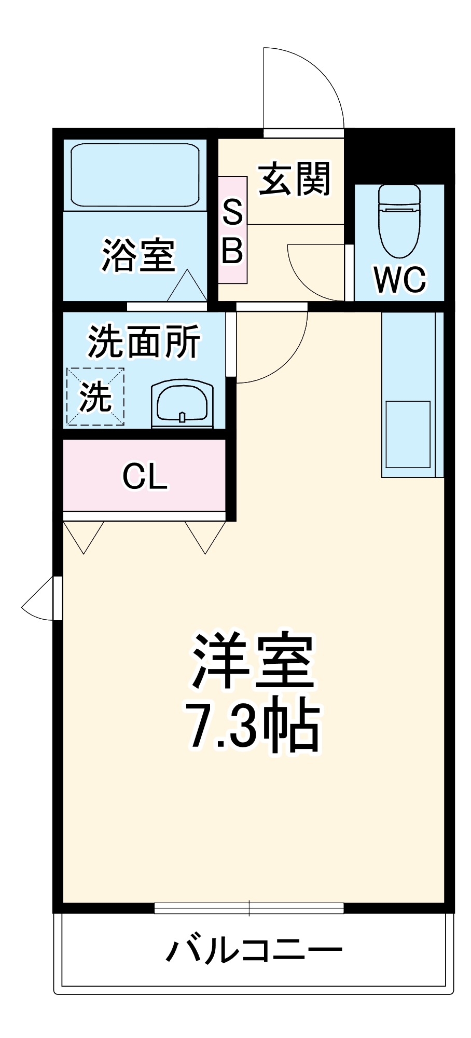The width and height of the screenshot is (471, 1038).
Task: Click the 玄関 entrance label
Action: [x=294, y=179]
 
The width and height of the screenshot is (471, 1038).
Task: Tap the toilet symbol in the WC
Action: [x=399, y=221]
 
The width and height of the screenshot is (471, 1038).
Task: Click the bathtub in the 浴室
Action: [x=135, y=175]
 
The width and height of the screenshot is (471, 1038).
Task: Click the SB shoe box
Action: [x=232, y=230]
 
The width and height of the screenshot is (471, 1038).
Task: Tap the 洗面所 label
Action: [x=144, y=342]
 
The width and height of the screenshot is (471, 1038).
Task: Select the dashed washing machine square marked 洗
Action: [x=95, y=397]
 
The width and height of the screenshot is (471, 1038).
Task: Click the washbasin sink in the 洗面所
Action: [x=182, y=405]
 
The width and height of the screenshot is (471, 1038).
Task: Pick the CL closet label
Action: [x=145, y=476]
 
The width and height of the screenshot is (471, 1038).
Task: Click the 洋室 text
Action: [x=253, y=661]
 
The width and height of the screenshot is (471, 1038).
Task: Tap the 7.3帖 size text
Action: [x=253, y=727]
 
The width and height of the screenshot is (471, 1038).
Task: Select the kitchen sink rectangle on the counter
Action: [x=408, y=434]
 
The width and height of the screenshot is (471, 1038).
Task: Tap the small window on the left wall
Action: [x=58, y=598]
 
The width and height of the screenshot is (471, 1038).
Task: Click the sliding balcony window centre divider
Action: [x=249, y=908]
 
